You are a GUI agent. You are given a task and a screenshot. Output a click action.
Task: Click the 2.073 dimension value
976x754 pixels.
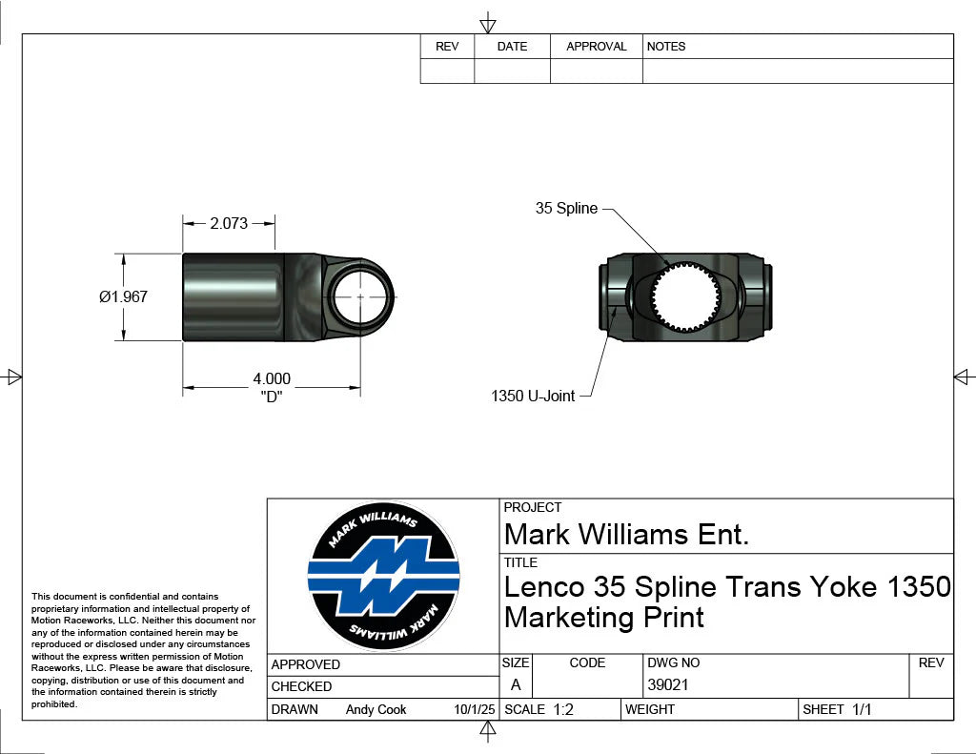(x=229, y=224)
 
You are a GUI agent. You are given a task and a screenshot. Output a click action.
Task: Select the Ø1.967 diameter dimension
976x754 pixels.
(x=123, y=296)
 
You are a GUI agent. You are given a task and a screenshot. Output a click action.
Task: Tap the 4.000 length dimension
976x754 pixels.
(x=272, y=379)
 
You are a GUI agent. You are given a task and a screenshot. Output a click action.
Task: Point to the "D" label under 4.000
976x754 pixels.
(x=273, y=397)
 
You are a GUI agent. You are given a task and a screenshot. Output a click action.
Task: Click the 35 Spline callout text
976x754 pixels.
(x=566, y=209)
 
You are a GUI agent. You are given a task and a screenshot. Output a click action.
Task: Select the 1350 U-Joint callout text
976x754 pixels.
(x=533, y=396)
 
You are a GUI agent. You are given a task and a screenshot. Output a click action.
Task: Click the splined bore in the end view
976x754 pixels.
(x=685, y=296)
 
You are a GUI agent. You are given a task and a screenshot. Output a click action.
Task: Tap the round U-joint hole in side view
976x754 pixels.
(x=359, y=295)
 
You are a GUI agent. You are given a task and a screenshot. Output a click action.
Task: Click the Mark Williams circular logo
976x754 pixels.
(x=383, y=577)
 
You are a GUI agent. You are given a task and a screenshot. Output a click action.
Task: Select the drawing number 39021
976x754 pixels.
(x=667, y=684)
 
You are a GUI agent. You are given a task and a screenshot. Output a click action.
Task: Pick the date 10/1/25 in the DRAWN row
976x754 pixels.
(x=475, y=709)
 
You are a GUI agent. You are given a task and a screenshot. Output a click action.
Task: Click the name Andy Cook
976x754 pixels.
(x=376, y=709)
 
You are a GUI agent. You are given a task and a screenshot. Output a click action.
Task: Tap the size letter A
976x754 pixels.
(x=516, y=684)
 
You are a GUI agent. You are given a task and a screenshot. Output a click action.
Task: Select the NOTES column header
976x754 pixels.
(x=665, y=47)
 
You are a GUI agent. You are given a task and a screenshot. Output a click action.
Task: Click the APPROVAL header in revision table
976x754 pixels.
(x=596, y=47)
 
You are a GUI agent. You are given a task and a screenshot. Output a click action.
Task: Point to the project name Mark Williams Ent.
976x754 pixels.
(x=626, y=534)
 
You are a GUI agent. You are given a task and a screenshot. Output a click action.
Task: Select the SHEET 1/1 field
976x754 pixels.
(x=837, y=709)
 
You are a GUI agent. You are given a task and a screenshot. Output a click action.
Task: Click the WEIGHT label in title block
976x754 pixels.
(x=650, y=709)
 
